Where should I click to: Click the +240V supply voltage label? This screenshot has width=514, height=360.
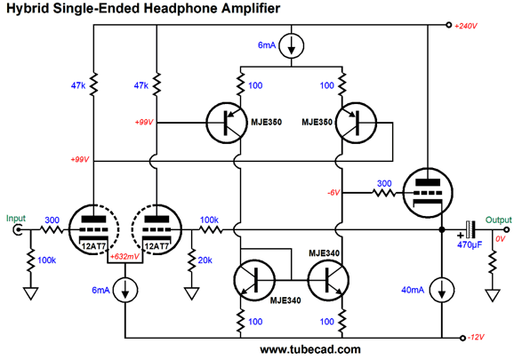(x=465, y=26)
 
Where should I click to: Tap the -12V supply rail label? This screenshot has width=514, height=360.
(x=476, y=338)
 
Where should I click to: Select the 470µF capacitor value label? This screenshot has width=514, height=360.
(x=470, y=244)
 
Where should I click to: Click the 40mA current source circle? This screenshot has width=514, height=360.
(x=442, y=290)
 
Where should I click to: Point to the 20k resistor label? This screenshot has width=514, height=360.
(x=205, y=260)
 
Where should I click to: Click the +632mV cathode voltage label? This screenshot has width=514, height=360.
(x=124, y=256)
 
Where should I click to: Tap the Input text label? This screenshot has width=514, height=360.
(x=15, y=218)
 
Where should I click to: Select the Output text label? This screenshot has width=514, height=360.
(x=498, y=220)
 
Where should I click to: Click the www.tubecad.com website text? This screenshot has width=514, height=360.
(x=310, y=349)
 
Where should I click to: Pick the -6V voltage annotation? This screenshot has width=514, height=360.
(x=333, y=193)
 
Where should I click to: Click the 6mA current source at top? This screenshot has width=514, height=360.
(x=291, y=46)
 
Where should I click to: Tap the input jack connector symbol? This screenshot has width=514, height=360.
(x=17, y=229)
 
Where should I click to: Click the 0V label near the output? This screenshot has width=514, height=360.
(x=501, y=239)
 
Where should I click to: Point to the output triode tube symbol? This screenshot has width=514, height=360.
(x=428, y=193)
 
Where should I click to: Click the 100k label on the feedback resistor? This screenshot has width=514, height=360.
(x=209, y=220)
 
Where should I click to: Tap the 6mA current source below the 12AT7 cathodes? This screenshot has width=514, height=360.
(x=125, y=290)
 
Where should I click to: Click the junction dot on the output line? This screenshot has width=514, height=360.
(x=442, y=230)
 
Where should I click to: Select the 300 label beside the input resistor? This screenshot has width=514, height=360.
(x=52, y=220)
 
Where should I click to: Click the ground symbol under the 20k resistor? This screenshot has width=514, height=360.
(x=192, y=293)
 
